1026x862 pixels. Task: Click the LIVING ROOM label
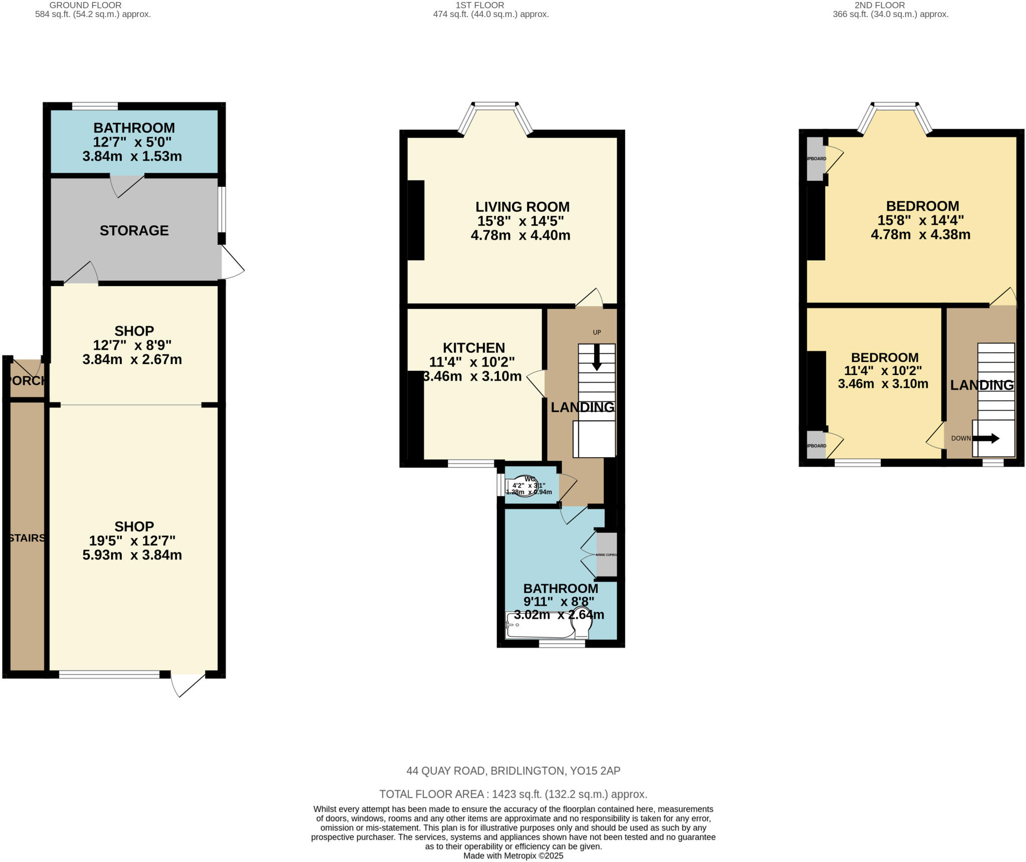coord(522,207)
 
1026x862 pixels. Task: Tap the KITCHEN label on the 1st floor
coord(473,348)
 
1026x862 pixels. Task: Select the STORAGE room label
coord(134,230)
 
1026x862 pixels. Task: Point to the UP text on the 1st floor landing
coord(597,333)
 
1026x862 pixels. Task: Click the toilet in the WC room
coord(522,485)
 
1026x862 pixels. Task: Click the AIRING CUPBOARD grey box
coord(607,554)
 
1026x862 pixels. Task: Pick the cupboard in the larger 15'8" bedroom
coord(815,159)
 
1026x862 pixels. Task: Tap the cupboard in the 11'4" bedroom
coord(816,445)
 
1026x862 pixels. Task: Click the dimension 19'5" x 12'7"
coord(132,541)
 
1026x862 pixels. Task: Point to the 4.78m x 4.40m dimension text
coord(521,235)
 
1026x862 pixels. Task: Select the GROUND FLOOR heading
coord(85,5)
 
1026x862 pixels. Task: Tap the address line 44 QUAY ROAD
coord(513,771)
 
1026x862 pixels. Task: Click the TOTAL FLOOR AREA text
coord(513,794)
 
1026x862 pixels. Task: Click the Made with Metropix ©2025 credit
coord(513,855)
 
